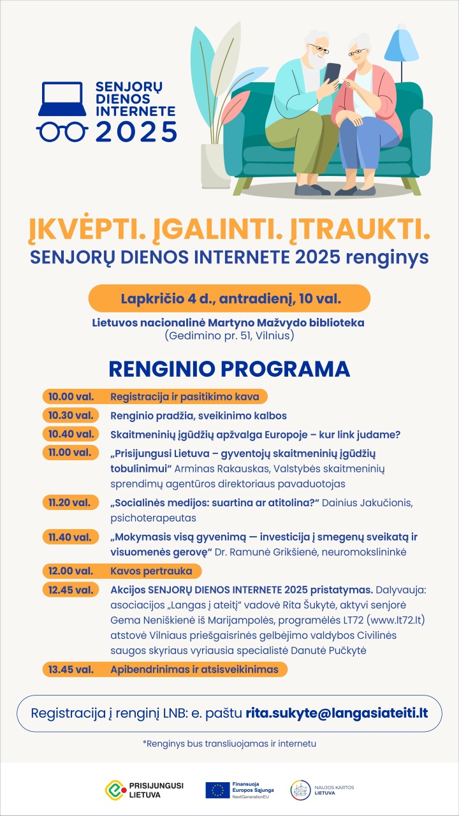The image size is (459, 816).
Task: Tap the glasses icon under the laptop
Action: tap(62, 131)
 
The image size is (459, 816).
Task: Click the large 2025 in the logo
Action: tap(136, 131)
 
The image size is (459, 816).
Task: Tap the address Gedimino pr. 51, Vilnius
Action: tap(229, 335)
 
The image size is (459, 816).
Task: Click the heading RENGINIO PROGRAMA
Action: tap(229, 369)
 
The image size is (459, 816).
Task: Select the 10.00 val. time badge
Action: tap(71, 397)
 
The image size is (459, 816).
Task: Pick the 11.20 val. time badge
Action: tap(71, 503)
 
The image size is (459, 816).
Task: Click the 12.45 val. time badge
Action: tap(71, 590)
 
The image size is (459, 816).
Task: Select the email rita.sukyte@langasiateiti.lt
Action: tap(336, 712)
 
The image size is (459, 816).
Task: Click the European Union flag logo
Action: tap(217, 789)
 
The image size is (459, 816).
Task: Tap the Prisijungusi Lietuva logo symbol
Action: tap(115, 789)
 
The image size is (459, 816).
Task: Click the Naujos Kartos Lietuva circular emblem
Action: tap(301, 789)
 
